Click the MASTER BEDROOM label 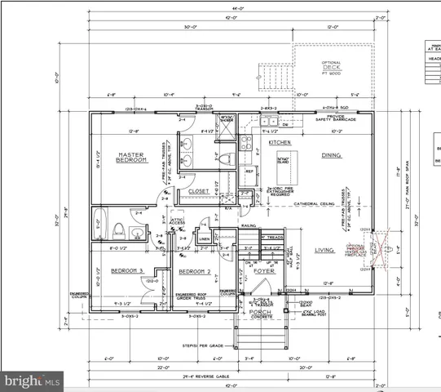(131, 158)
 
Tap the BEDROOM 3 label (128, 270)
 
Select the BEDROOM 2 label (195, 271)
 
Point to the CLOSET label (199, 192)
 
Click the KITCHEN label (280, 143)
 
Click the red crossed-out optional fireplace (377, 247)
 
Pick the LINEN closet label (205, 238)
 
